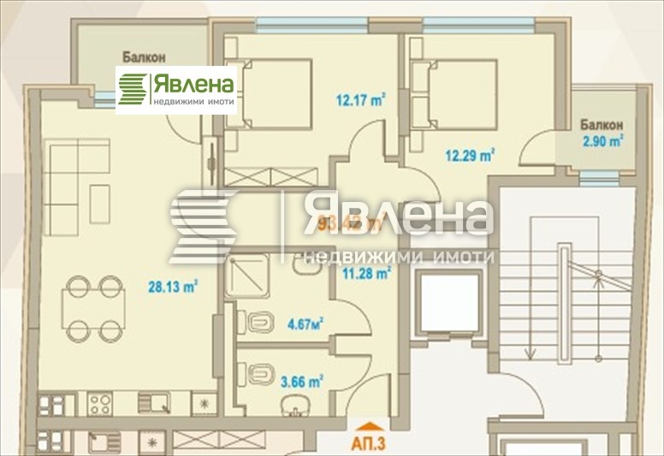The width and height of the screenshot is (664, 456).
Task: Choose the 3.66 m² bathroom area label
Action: [304, 382]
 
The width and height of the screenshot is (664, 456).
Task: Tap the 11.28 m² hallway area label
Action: [366, 274]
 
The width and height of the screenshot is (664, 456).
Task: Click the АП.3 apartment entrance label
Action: [370, 444]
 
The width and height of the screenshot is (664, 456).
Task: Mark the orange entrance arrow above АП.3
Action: [369, 426]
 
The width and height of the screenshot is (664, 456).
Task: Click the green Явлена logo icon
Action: [133, 89]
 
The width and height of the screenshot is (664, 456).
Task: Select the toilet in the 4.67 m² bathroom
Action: [257, 323]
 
